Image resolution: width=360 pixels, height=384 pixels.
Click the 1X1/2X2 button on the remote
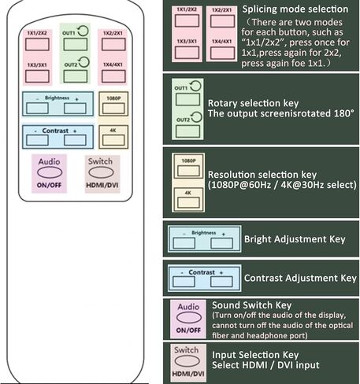click(x=37, y=44)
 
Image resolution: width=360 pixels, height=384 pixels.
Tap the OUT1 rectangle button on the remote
click(x=75, y=44)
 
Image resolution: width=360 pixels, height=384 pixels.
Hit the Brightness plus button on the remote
click(x=75, y=108)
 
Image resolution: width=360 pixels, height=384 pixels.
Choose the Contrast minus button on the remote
click(x=37, y=140)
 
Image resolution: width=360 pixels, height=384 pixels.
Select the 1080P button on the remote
click(x=113, y=108)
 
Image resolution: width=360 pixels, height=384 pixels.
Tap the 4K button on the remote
click(x=113, y=140)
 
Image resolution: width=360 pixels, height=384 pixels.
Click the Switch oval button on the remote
click(x=101, y=172)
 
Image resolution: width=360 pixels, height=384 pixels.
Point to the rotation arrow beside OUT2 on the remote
click(x=84, y=62)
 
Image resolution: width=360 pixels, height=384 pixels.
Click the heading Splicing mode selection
click(x=295, y=9)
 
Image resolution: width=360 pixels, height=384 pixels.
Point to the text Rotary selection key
click(x=253, y=103)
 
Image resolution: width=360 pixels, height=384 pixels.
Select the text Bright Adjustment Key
click(x=295, y=239)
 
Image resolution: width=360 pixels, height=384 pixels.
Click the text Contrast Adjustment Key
click(x=300, y=278)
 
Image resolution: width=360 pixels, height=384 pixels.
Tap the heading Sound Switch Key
click(x=252, y=305)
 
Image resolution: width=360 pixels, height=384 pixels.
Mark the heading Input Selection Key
click(x=255, y=355)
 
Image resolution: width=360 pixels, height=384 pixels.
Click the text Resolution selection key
click(x=262, y=175)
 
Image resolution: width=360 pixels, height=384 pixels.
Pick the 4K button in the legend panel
click(x=188, y=202)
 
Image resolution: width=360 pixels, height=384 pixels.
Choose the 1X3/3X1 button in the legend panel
click(x=187, y=53)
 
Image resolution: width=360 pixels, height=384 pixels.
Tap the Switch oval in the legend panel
click(x=187, y=361)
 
